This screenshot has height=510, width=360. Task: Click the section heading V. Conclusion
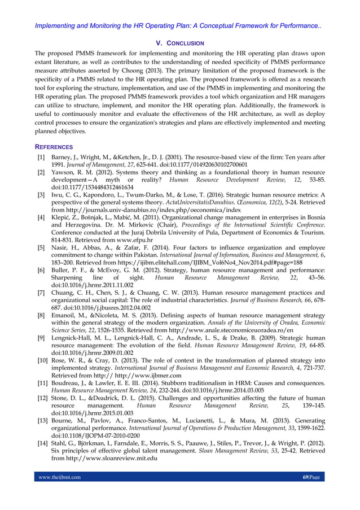(x=179, y=43)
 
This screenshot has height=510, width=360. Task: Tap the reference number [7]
(x=41, y=293)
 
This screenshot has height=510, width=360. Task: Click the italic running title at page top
(x=180, y=26)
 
